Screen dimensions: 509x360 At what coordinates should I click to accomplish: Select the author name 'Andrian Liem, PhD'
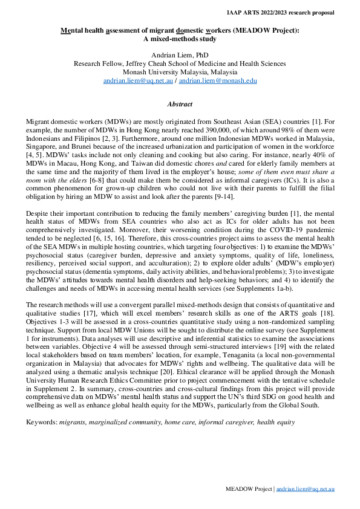[180, 55]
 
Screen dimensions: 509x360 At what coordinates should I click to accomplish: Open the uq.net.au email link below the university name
[139, 80]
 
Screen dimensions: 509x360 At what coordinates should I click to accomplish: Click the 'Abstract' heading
[180, 104]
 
